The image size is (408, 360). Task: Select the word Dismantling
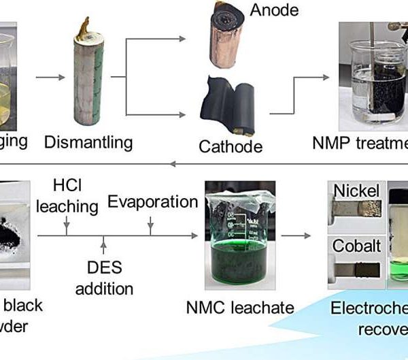(x=88, y=142)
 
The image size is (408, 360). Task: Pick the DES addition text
(x=104, y=278)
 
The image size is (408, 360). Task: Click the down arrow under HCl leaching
(x=67, y=227)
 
